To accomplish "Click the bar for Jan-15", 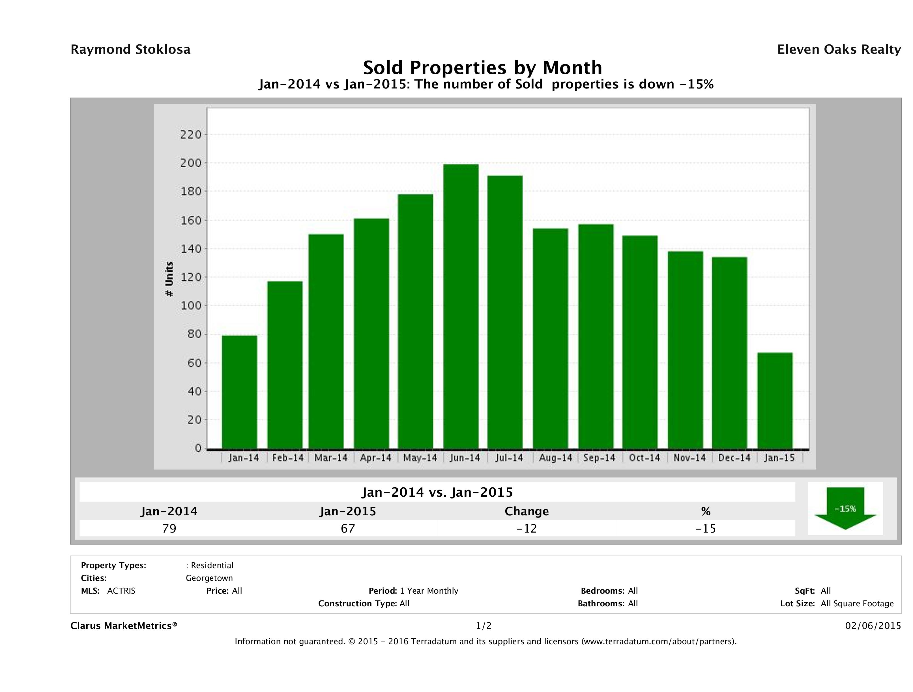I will (775, 400).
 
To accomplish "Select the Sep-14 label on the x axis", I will (599, 458).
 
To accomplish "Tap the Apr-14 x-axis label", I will (375, 458).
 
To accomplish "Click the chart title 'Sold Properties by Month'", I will (482, 67).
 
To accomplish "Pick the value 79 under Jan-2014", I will (169, 528).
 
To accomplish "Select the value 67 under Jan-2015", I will (347, 528).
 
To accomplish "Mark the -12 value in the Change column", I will (527, 528).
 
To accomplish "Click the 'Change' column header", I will (527, 511).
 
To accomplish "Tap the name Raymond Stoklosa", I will (130, 49).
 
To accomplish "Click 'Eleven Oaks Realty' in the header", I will (839, 49).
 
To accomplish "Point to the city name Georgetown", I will (209, 578).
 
